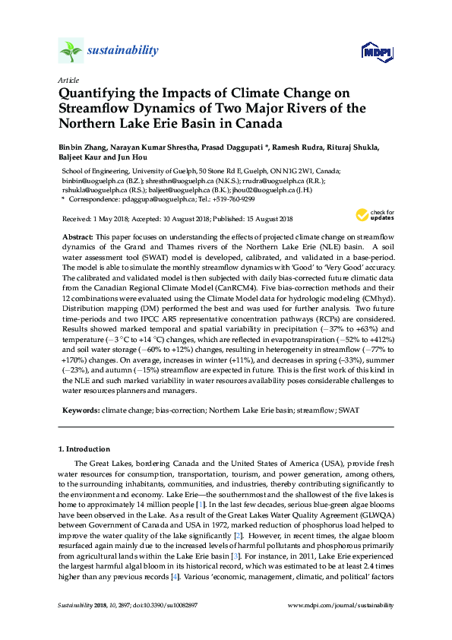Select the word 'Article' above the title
pos(68,80)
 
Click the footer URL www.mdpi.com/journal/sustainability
pos(343,605)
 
